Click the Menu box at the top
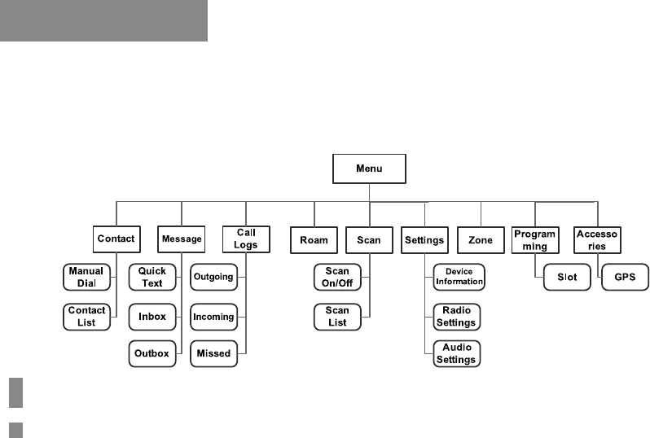pyautogui.click(x=369, y=169)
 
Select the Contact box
pyautogui.click(x=116, y=239)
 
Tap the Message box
pyautogui.click(x=181, y=239)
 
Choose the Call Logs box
pyautogui.click(x=246, y=239)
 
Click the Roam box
pyautogui.click(x=314, y=239)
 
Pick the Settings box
pyautogui.click(x=424, y=239)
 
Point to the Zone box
pyautogui.click(x=481, y=239)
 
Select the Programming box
pyautogui.click(x=534, y=239)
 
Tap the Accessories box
pyautogui.click(x=597, y=239)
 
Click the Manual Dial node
pyautogui.click(x=86, y=277)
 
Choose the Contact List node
pyautogui.click(x=86, y=316)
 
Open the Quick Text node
pyautogui.click(x=152, y=277)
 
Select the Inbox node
pyautogui.click(x=152, y=316)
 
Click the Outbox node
pyautogui.click(x=152, y=353)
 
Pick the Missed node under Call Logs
pyautogui.click(x=213, y=353)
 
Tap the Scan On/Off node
pyautogui.click(x=337, y=277)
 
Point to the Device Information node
pyautogui.click(x=458, y=277)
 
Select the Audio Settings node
pyautogui.click(x=458, y=353)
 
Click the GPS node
pyautogui.click(x=625, y=277)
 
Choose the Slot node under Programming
pyautogui.click(x=567, y=277)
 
